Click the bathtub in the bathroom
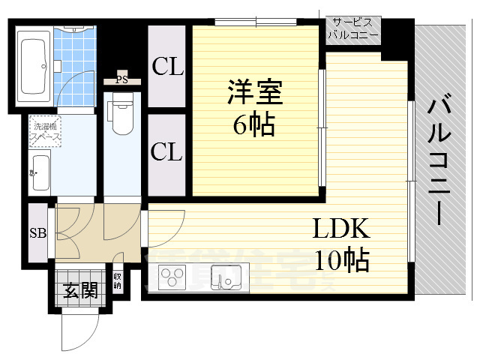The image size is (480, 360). pyautogui.click(x=34, y=64)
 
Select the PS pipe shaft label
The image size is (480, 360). pyautogui.click(x=122, y=76)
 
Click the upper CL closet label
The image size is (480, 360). pyautogui.click(x=167, y=67)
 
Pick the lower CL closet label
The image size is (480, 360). pyautogui.click(x=167, y=152)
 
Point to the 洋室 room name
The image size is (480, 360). pyautogui.click(x=254, y=95)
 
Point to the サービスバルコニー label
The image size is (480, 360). pyautogui.click(x=353, y=30)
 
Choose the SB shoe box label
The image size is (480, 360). pyautogui.click(x=37, y=233)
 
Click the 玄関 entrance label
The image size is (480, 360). pyautogui.click(x=79, y=289)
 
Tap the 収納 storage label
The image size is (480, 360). pyautogui.click(x=118, y=281)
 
